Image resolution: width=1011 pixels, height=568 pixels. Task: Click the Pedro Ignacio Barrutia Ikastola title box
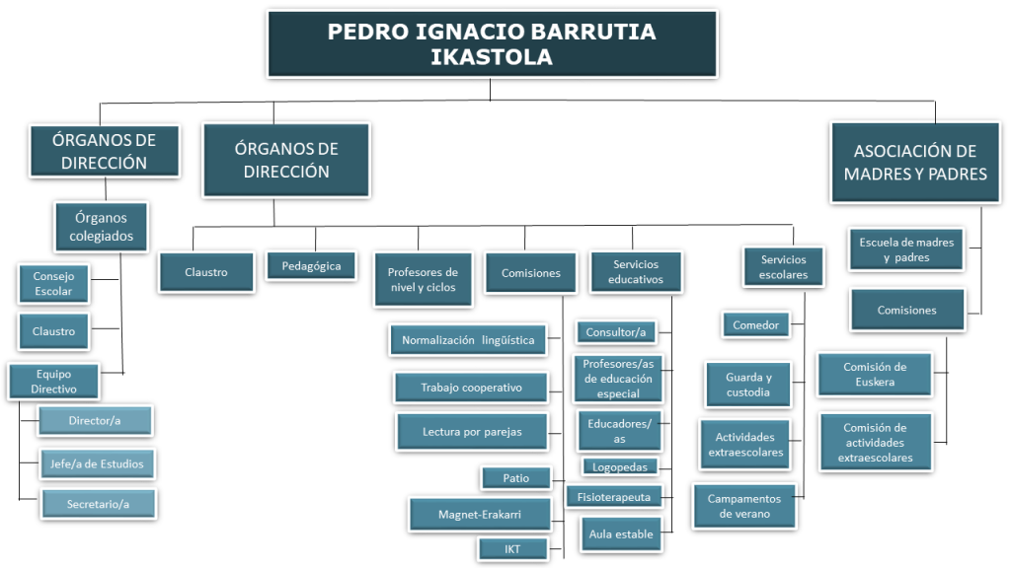point(492,43)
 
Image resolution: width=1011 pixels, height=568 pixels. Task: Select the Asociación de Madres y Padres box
point(915,163)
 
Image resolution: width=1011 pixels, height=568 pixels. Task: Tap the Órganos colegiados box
point(102,227)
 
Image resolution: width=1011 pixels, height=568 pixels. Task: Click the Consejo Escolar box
point(53,283)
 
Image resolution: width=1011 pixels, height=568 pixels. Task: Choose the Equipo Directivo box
point(53,382)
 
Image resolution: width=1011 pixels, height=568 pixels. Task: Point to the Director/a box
point(96,420)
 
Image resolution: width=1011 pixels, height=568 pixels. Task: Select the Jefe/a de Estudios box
point(98,463)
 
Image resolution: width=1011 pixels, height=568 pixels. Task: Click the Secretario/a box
point(99,504)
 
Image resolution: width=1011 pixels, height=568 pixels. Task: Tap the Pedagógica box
point(311,266)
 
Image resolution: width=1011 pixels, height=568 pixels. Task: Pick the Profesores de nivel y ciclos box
point(423,279)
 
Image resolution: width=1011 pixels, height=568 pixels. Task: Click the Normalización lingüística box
point(468,340)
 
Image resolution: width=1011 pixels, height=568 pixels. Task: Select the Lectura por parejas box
point(472,432)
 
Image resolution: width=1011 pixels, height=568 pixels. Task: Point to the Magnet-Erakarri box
point(480,515)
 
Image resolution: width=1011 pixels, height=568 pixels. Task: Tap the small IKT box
point(512,549)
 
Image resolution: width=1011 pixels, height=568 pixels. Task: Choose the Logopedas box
point(620,466)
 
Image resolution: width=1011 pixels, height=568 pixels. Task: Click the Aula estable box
point(621,533)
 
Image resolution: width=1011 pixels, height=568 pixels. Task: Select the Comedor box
point(755,325)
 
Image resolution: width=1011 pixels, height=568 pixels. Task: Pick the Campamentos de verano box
point(744,506)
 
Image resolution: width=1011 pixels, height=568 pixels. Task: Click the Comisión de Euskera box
point(875,374)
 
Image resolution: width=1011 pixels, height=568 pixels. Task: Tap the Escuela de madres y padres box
point(906,249)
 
